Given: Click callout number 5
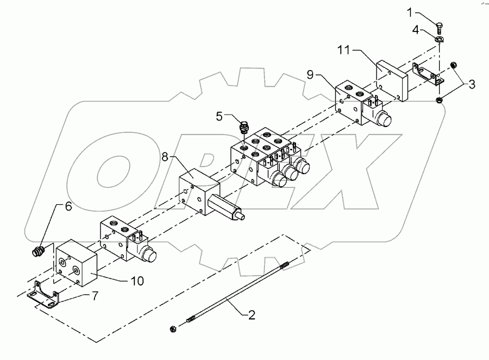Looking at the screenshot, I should coord(219,115).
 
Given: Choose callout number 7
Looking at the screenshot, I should coord(95,296).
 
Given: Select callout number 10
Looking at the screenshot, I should coord(137,281).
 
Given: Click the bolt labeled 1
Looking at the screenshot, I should coord(438,23).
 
